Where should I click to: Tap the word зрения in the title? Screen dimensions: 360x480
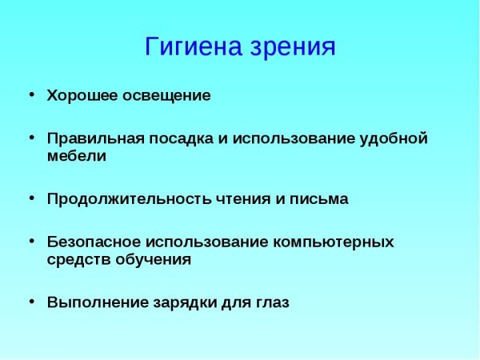click(293, 47)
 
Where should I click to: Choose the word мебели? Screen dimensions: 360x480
click(76, 156)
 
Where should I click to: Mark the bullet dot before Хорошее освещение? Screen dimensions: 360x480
click(31, 94)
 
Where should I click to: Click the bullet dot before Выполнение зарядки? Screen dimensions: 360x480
click(31, 302)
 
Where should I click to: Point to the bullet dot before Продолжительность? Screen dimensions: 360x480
click(31, 198)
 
